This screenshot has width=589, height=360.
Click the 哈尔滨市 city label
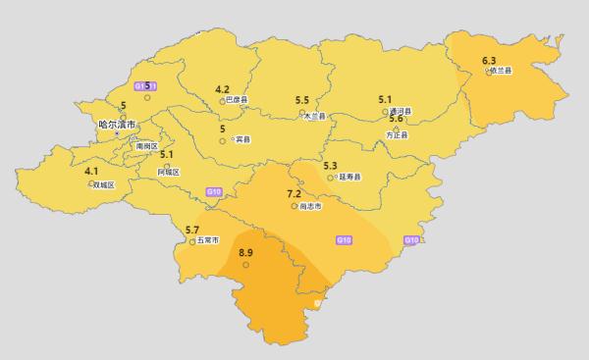click(117, 125)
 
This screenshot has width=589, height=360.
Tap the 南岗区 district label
click(146, 145)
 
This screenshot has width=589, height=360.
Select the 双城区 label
click(103, 184)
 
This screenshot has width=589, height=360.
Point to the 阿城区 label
click(170, 171)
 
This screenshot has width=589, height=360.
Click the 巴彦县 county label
click(237, 100)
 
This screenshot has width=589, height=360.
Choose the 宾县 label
click(242, 140)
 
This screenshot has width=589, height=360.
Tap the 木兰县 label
click(314, 116)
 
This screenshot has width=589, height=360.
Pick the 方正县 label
click(398, 134)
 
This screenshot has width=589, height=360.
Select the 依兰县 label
click(502, 73)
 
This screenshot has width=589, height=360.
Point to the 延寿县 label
click(349, 178)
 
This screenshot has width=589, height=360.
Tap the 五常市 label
click(207, 239)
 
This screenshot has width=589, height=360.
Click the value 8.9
click(246, 252)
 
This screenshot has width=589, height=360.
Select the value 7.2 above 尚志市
click(294, 193)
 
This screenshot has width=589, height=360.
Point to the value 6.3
click(489, 61)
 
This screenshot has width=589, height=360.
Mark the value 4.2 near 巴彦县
click(222, 88)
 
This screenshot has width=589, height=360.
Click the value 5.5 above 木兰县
click(302, 100)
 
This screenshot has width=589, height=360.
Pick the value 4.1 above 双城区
click(91, 171)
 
